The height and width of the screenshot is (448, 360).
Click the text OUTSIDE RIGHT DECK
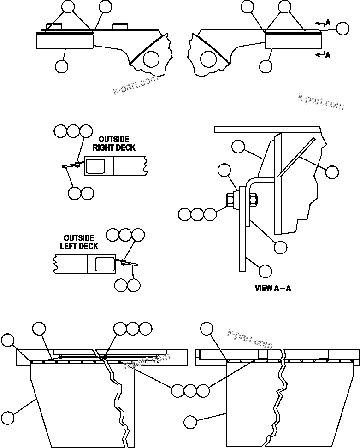point(114,143)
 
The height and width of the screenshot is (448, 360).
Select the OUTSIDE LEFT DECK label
point(79,242)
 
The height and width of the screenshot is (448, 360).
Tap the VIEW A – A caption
point(273,289)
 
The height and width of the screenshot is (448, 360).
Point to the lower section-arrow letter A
point(328,55)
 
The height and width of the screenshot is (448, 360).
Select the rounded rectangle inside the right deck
point(99,165)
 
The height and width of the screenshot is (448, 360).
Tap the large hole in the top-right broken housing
point(208,59)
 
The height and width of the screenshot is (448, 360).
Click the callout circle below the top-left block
point(61,66)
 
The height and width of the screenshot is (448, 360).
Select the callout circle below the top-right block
point(266,66)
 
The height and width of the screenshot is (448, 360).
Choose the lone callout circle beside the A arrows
point(342,29)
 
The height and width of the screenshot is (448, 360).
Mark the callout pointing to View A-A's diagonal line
point(331,172)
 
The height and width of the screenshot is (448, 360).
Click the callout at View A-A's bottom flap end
point(265,270)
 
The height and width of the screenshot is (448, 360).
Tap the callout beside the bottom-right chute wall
point(190,421)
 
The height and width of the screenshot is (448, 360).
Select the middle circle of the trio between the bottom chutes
point(190,390)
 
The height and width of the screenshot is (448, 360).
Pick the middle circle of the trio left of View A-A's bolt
point(197,214)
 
